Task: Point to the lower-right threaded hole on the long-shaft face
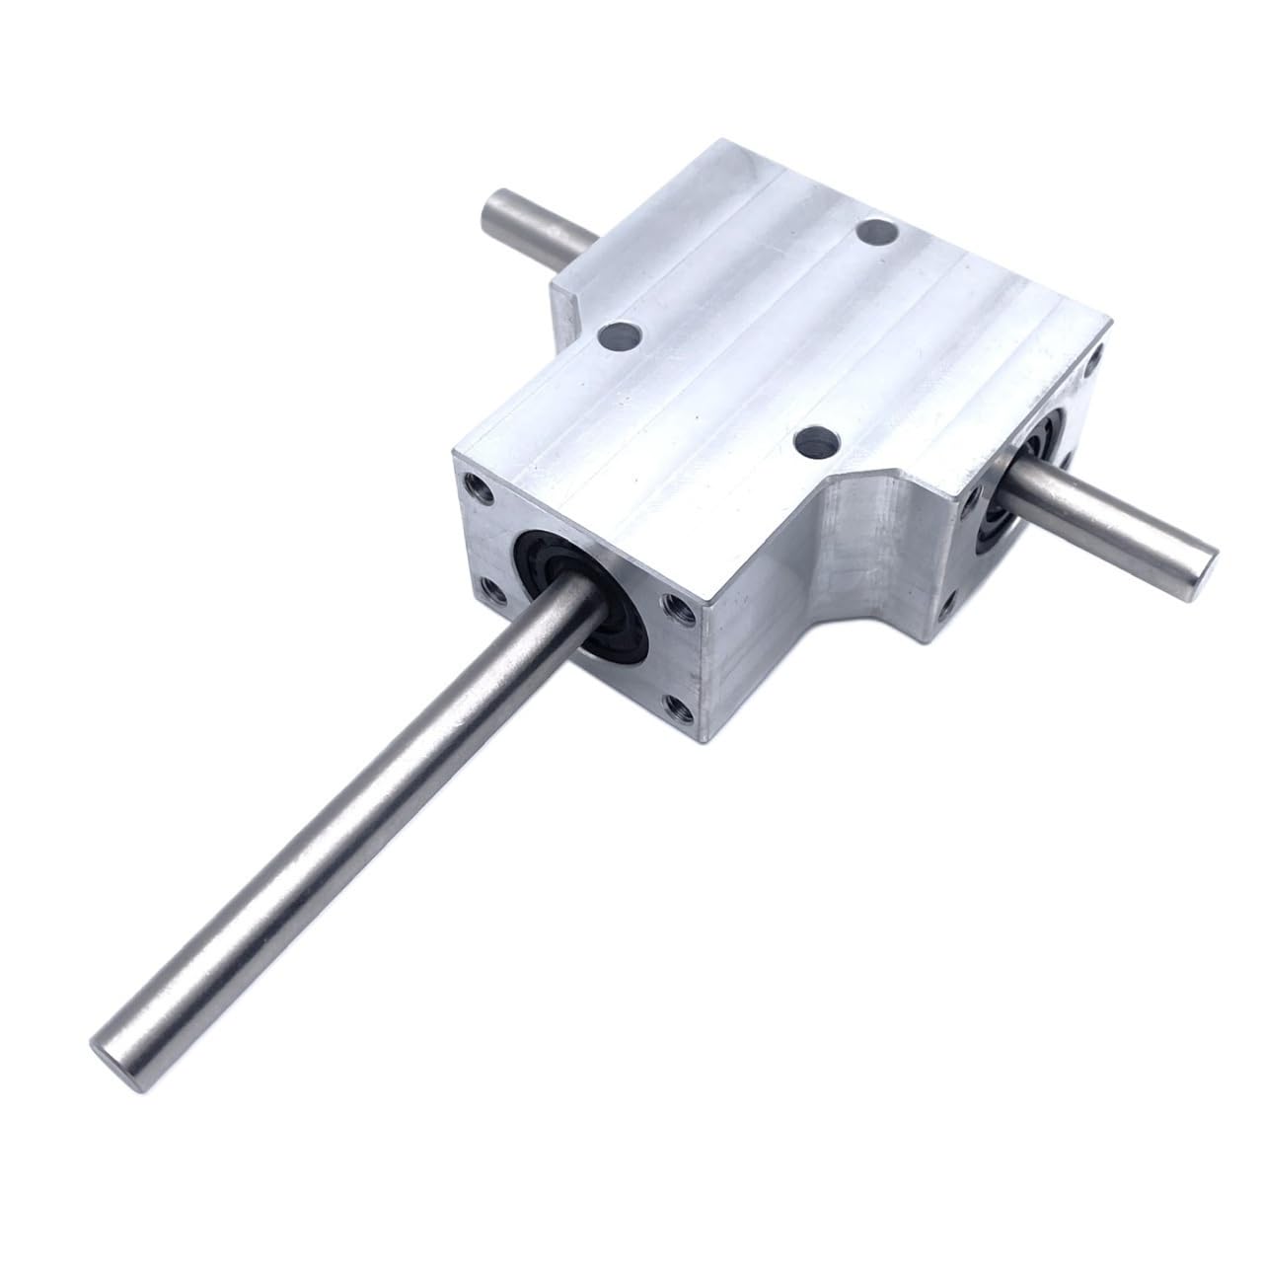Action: pos(677,705)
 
